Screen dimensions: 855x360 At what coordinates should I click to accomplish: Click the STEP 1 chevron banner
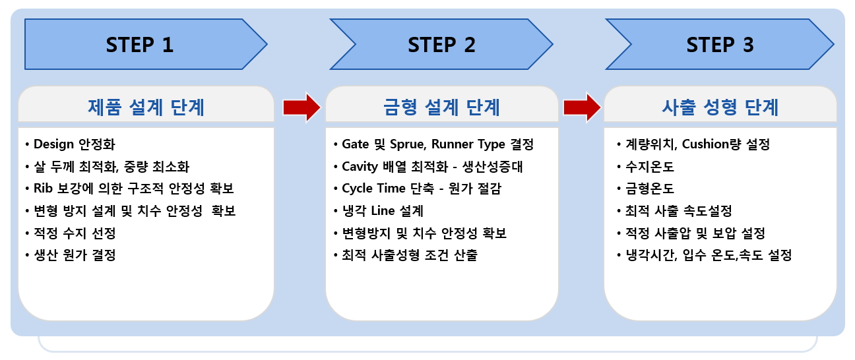coord(146,44)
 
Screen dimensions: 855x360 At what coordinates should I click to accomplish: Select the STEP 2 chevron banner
coord(441,44)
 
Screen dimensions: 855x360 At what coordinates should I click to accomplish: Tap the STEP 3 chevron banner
coord(720,44)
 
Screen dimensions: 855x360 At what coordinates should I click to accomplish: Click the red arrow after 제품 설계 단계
coord(301,107)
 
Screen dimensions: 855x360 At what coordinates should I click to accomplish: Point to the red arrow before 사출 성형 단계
coord(582,107)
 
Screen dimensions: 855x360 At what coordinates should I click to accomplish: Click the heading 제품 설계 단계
coord(146,107)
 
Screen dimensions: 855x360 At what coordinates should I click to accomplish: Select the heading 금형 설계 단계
coord(441,107)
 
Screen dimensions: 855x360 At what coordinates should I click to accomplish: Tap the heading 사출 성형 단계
coord(720,107)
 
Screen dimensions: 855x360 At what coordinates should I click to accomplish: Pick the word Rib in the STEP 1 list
coord(43,188)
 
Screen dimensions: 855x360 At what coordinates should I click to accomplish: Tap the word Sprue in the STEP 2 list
coord(408,144)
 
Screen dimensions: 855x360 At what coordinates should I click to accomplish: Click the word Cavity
coord(360,167)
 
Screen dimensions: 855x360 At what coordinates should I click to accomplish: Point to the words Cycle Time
coord(373,189)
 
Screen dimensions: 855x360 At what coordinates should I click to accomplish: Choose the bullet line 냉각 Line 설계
coord(379,210)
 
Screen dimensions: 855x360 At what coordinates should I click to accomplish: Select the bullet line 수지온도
coord(645,167)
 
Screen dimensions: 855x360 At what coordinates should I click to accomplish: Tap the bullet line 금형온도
coord(645,189)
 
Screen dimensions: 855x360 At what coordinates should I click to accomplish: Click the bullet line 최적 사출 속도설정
coord(674,210)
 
